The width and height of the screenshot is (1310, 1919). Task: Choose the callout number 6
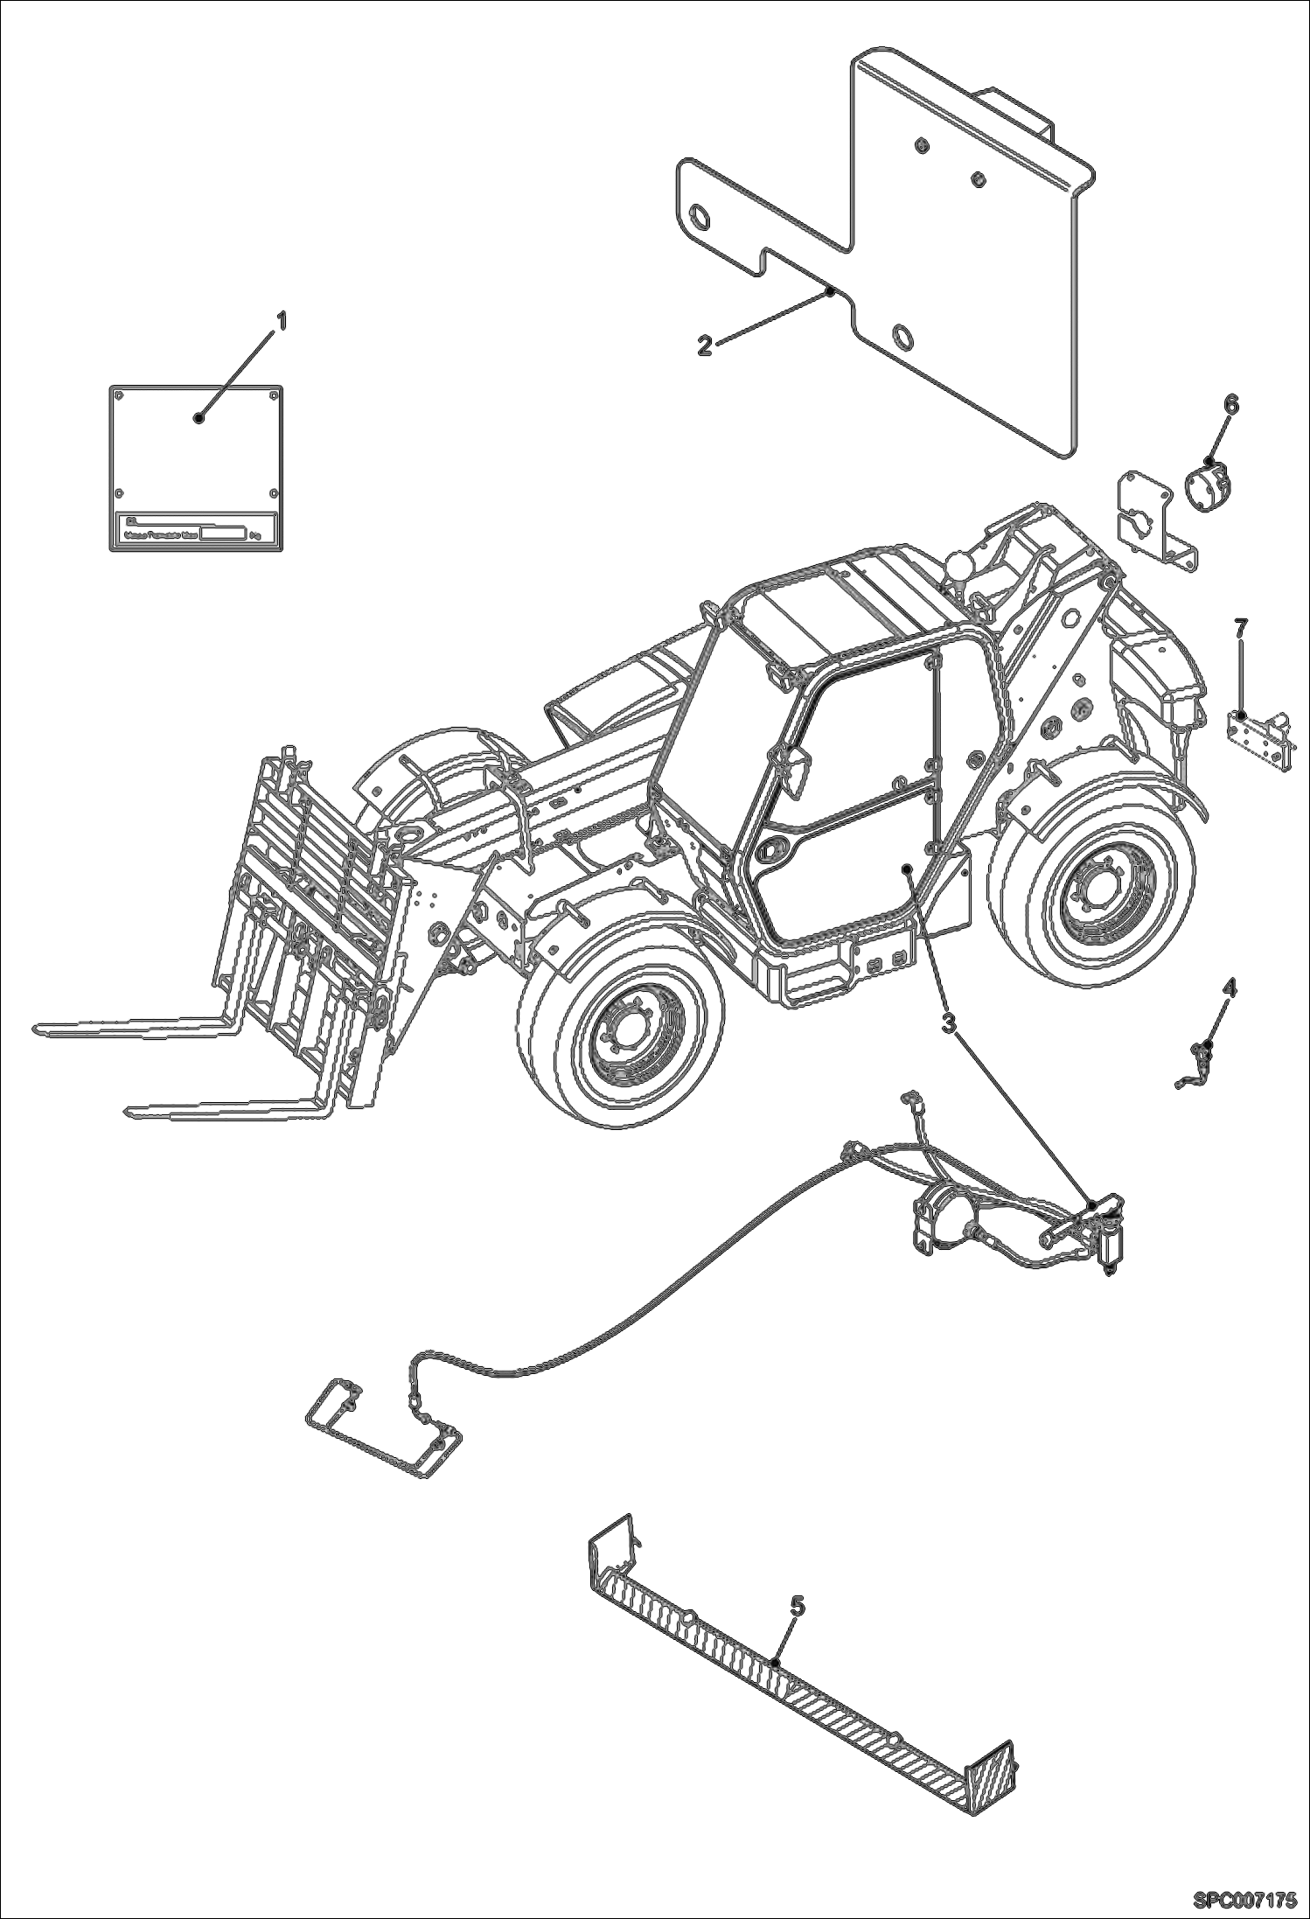1230,404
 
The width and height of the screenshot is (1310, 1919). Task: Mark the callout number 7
1241,627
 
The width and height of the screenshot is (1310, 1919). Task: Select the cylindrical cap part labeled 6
1206,484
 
